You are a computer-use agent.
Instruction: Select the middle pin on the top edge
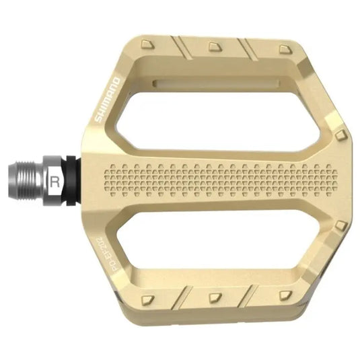pos(215,46)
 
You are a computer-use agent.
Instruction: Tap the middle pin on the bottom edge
pos(215,297)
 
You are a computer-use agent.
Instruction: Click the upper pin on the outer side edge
pos(341,135)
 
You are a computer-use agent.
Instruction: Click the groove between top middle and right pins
pos(251,49)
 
